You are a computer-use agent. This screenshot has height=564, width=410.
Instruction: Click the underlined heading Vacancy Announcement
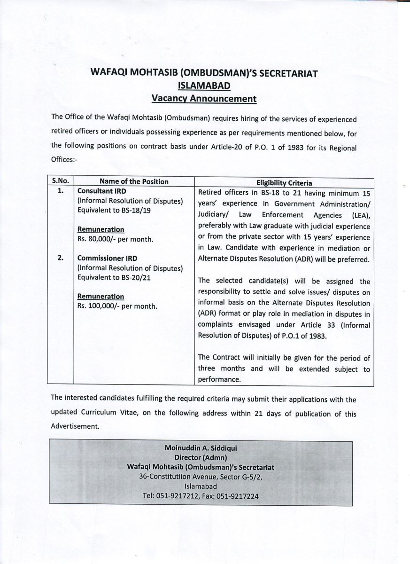click(x=204, y=99)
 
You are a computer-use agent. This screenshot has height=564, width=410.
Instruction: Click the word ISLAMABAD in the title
click(x=204, y=86)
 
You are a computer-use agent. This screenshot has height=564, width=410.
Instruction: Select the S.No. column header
click(x=60, y=181)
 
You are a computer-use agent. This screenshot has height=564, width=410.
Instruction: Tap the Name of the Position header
click(x=134, y=181)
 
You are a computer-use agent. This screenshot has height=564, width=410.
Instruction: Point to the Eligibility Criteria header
click(x=284, y=183)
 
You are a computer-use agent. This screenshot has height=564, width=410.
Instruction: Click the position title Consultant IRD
click(x=101, y=191)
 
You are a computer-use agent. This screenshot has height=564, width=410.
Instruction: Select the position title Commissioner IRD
click(x=107, y=258)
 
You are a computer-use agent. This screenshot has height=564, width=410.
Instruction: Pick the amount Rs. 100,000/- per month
click(x=117, y=305)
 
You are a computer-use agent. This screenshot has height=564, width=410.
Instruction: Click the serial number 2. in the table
click(x=60, y=258)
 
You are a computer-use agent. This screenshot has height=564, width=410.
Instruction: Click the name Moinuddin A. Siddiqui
click(x=201, y=448)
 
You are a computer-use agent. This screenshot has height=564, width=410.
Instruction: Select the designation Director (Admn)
click(x=201, y=457)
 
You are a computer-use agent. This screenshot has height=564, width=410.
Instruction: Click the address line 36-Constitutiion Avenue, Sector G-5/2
click(x=201, y=477)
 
